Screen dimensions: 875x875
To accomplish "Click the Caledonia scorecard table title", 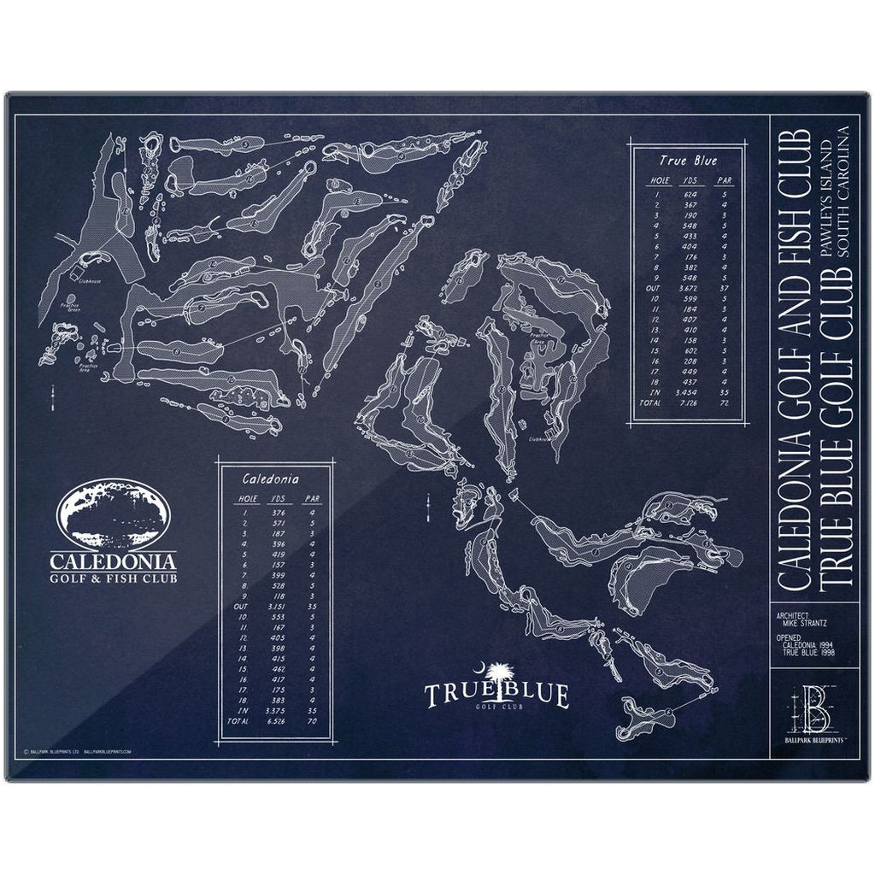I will click(269, 479).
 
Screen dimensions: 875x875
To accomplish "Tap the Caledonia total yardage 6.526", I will click(277, 721).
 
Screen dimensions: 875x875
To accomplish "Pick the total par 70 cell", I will click(313, 721).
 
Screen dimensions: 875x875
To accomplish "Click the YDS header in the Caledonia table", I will click(277, 497).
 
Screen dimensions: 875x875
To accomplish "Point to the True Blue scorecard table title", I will click(688, 160).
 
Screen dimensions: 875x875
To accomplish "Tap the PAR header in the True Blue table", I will click(726, 180).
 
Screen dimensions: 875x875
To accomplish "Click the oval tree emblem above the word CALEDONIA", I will click(114, 515).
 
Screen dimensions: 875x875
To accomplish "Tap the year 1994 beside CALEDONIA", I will click(825, 645).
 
